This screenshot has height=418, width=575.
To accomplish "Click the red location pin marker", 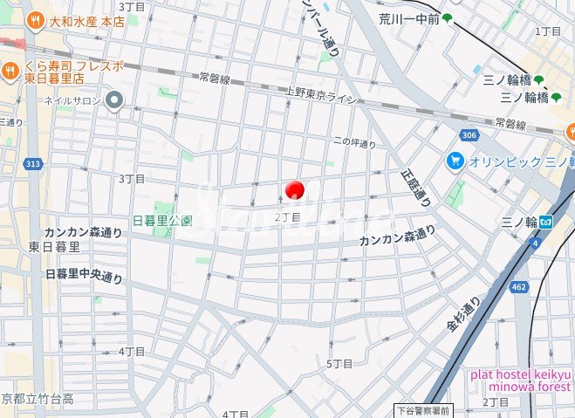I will pyautogui.click(x=294, y=189).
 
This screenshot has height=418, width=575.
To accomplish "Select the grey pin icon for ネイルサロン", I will pyautogui.click(x=114, y=101).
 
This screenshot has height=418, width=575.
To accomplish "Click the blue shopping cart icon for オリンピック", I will pyautogui.click(x=455, y=161).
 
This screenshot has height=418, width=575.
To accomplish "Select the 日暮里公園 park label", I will pyautogui.click(x=161, y=221).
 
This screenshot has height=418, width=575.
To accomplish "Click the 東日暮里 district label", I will pyautogui.click(x=54, y=246).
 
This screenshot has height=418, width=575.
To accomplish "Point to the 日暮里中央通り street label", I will pyautogui.click(x=84, y=277).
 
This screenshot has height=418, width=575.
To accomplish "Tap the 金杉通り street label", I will pyautogui.click(x=463, y=315).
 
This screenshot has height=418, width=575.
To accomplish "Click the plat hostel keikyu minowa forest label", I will pyautogui.click(x=521, y=380).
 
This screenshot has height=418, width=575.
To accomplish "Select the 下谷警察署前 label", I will pyautogui.click(x=421, y=408).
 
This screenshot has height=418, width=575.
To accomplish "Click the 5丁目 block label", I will pyautogui.click(x=339, y=363).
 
